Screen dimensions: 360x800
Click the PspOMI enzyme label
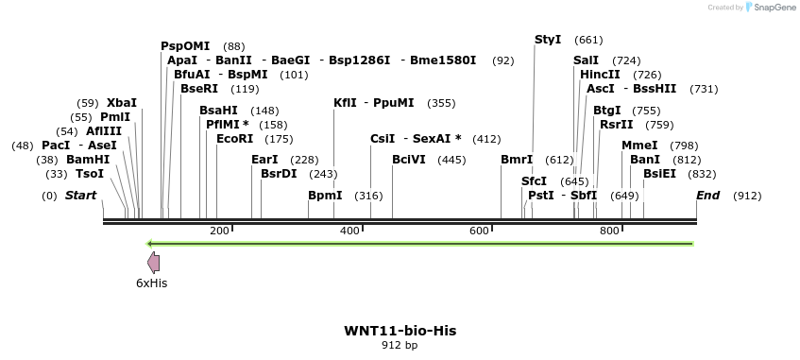[185, 46]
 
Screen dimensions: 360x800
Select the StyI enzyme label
[548, 40]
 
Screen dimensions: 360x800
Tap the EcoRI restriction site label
[235, 139]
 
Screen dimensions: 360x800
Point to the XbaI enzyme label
[122, 103]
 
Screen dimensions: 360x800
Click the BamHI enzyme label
[88, 160]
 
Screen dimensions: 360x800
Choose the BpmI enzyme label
[325, 196]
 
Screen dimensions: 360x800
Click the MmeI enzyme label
[639, 146]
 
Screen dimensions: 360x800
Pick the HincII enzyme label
[601, 75]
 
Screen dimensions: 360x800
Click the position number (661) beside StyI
[587, 40]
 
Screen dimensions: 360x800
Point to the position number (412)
[486, 139]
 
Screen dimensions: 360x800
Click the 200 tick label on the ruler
[219, 231]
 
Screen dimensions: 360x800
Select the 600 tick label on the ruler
[479, 231]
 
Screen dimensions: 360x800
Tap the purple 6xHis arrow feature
[153, 264]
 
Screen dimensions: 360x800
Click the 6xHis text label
[152, 283]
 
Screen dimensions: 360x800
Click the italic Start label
[80, 196]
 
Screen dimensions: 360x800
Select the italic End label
[707, 196]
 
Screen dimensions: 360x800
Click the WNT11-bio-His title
[400, 331]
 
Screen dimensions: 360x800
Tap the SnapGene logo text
[773, 8]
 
